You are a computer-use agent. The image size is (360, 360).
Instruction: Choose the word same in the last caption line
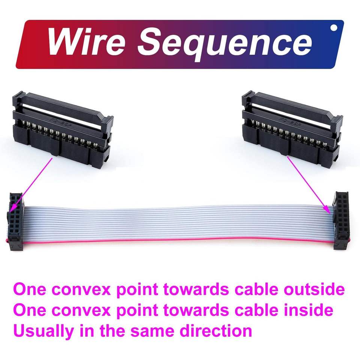click(x=153, y=331)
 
